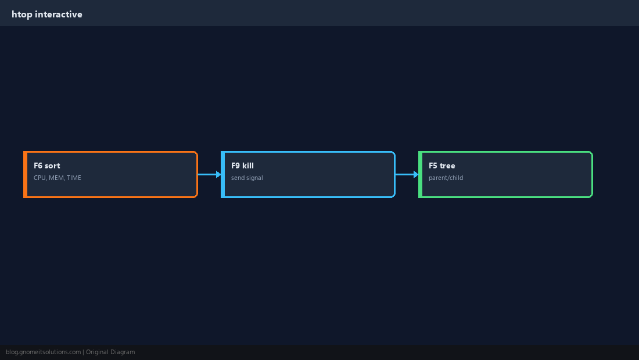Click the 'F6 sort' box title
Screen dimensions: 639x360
tap(47, 165)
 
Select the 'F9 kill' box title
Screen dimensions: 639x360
tap(242, 165)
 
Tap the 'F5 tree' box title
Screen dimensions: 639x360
tap(441, 165)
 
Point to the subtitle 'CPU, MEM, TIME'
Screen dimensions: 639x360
tap(58, 178)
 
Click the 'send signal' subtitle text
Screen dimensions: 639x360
tap(247, 178)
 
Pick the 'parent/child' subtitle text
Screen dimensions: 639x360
tap(446, 178)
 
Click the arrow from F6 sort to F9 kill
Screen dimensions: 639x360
tap(210, 174)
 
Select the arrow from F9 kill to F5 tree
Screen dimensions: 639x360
tap(407, 174)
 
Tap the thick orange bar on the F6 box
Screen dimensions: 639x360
tap(25, 174)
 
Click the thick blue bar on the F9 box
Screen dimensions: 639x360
tap(223, 174)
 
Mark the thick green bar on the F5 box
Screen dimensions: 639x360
tap(421, 174)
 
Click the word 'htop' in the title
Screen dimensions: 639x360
tap(22, 15)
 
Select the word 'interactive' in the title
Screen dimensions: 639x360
tap(59, 15)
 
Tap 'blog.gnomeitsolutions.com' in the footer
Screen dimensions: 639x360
tap(43, 352)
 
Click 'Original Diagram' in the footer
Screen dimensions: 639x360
tap(110, 352)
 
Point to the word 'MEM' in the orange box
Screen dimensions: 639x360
tap(56, 178)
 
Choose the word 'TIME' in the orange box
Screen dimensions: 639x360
tap(74, 178)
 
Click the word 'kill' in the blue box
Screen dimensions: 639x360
tap(248, 165)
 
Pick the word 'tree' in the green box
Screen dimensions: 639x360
tap(447, 165)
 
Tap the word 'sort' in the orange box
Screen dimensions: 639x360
tap(52, 165)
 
